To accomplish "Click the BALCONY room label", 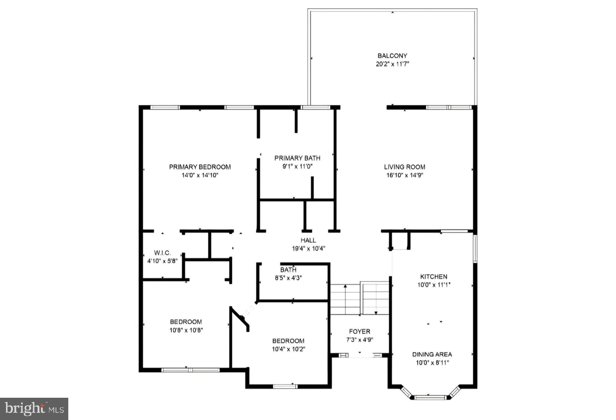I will pyautogui.click(x=392, y=56).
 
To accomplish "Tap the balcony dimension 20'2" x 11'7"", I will pyautogui.click(x=392, y=64).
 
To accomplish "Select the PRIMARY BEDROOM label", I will pyautogui.click(x=200, y=167).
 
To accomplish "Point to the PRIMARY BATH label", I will pyautogui.click(x=297, y=158).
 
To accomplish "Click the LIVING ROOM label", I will pyautogui.click(x=405, y=167).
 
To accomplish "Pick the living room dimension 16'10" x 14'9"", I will pyautogui.click(x=405, y=175).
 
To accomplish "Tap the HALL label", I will pyautogui.click(x=308, y=240).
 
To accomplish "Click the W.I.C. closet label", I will pyautogui.click(x=162, y=253).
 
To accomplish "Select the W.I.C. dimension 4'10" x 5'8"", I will pyautogui.click(x=162, y=261).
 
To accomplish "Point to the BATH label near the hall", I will pyautogui.click(x=288, y=270).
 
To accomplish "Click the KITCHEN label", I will pyautogui.click(x=434, y=277).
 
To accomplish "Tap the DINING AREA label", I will pyautogui.click(x=432, y=354).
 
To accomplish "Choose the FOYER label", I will pyautogui.click(x=359, y=332).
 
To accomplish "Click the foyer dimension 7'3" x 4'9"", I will pyautogui.click(x=359, y=340).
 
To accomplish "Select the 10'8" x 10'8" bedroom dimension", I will pyautogui.click(x=186, y=330).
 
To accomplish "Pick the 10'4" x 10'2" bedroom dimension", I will pyautogui.click(x=288, y=349).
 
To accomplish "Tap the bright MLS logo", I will pyautogui.click(x=34, y=409).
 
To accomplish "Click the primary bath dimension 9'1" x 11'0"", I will pyautogui.click(x=297, y=167).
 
